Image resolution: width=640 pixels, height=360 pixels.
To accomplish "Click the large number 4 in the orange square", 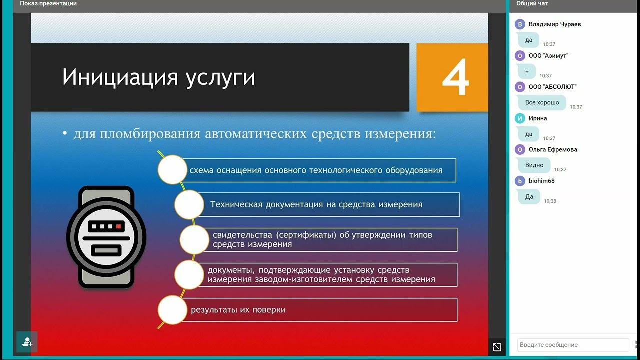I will click(x=455, y=77).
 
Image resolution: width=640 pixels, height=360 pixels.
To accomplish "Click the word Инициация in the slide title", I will click(x=117, y=78).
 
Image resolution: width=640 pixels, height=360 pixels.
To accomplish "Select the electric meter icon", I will click(x=106, y=237).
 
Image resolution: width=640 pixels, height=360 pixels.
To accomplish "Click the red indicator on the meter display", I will click(x=118, y=226).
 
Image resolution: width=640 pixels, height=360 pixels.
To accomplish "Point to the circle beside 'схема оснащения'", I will click(x=172, y=170).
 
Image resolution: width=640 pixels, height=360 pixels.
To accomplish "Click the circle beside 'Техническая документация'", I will click(x=189, y=204).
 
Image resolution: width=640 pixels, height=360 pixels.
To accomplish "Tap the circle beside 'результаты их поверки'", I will click(x=172, y=310).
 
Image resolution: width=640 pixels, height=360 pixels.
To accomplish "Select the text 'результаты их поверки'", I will click(x=238, y=310).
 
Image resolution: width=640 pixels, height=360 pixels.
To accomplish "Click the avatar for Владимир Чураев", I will click(x=520, y=24).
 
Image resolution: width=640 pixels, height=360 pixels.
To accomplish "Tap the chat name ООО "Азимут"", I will click(x=548, y=56).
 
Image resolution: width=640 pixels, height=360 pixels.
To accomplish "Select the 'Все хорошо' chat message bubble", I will click(x=542, y=102).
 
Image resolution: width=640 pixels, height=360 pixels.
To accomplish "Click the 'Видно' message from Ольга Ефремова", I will click(x=534, y=165).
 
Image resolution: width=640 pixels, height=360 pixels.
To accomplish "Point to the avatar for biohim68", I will click(x=520, y=181).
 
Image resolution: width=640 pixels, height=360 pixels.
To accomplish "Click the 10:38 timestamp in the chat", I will click(x=550, y=201).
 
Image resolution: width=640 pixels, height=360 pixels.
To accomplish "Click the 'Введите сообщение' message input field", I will click(x=572, y=345).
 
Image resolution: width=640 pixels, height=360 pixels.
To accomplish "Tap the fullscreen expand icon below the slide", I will click(x=497, y=347).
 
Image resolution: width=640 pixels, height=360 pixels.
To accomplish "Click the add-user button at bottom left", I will click(x=27, y=342).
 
